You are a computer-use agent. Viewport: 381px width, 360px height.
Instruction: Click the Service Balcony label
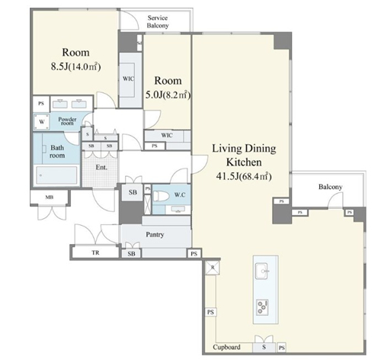[x=158, y=21]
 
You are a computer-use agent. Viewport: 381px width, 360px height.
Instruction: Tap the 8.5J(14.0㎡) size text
[x=75, y=66]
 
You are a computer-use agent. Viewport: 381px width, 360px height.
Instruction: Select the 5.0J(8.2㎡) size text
[x=168, y=95]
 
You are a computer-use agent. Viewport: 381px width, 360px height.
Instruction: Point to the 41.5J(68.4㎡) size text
[x=244, y=176]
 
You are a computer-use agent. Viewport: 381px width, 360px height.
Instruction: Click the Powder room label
[x=67, y=121]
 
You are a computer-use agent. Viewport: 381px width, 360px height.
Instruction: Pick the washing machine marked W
[x=42, y=122]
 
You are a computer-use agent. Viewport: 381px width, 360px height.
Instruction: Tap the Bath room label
[x=57, y=152]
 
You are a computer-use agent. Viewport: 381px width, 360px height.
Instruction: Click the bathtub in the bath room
[x=56, y=175]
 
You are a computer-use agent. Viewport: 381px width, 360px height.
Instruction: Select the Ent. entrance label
[x=101, y=167]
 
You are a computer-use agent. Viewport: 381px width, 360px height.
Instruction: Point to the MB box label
[x=50, y=197]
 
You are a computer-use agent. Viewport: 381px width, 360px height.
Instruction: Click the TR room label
[x=95, y=252]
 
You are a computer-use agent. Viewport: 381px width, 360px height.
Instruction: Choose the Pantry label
[x=155, y=234]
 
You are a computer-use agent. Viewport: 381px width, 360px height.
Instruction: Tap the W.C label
[x=180, y=195]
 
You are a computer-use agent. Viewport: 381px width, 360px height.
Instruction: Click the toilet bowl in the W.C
[x=162, y=196]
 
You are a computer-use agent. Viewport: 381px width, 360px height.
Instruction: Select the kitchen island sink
[x=262, y=271]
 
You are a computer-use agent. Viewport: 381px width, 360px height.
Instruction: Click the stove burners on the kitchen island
[x=262, y=307]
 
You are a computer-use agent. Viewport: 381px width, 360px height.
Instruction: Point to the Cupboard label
[x=226, y=347]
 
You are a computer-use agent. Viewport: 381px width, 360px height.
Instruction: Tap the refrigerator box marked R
[x=213, y=268]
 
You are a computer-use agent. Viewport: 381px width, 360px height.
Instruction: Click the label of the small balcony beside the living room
[x=330, y=187]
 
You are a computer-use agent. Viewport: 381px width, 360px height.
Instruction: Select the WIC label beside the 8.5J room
[x=128, y=79]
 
